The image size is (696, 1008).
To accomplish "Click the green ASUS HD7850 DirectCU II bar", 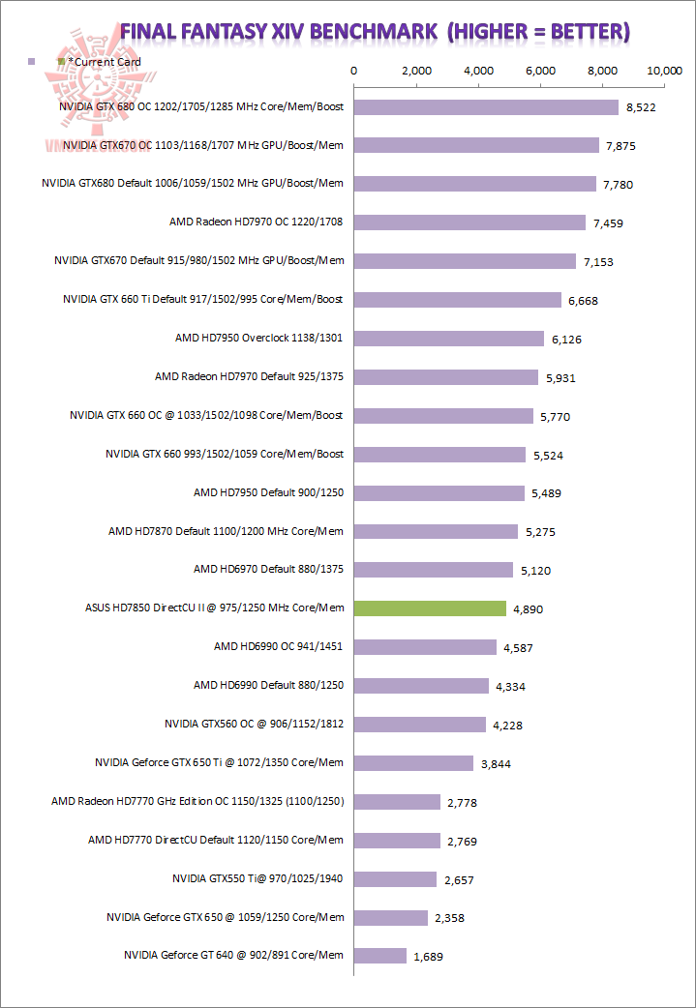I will coord(430,608).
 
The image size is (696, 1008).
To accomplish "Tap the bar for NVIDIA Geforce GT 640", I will coord(380,956).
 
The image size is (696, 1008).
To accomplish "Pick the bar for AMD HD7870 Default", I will coord(436,531).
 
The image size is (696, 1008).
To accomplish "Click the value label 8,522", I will coord(641,107).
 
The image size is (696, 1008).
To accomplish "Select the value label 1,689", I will coord(429,957).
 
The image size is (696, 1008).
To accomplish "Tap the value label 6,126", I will coord(567,339).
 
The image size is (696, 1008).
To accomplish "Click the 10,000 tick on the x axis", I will coord(665,71).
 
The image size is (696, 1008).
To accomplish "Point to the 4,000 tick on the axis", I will coord(479,71).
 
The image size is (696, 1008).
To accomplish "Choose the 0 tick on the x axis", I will coord(354,71).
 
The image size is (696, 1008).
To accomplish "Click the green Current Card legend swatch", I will coord(62,62).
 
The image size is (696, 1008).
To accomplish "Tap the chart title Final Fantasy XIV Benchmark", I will coord(376,32).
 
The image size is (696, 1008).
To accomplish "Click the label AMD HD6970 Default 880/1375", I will coord(268,570).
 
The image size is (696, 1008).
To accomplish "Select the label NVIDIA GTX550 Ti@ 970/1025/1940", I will coord(257,878).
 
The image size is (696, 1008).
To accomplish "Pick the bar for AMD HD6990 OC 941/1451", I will coord(425,647).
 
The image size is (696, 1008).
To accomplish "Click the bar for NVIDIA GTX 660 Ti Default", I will coord(458,300).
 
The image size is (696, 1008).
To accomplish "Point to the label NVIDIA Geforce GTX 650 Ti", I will coord(219,762).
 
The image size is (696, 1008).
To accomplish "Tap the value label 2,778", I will coord(462,803).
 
